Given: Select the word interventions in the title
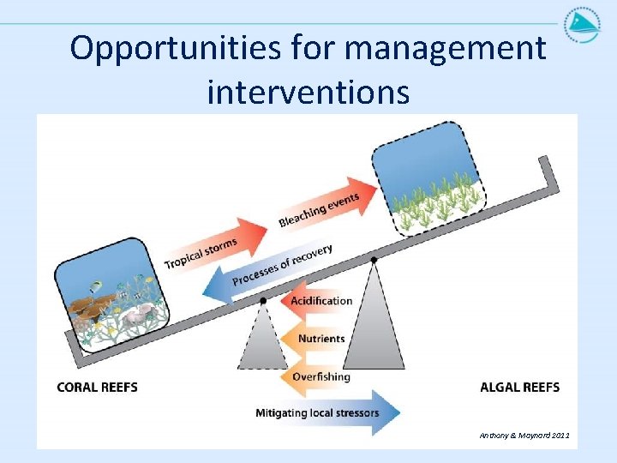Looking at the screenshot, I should pyautogui.click(x=308, y=90).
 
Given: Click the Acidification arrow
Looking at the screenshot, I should pyautogui.click(x=317, y=301).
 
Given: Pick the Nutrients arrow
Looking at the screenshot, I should pyautogui.click(x=317, y=340).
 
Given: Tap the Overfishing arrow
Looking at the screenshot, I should pyautogui.click(x=317, y=377).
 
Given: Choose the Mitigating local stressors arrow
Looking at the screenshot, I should pyautogui.click(x=326, y=413).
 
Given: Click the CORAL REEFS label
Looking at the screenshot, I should pyautogui.click(x=97, y=388).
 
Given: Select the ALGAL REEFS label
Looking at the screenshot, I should pyautogui.click(x=519, y=388).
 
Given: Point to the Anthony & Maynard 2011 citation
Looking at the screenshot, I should pyautogui.click(x=524, y=436).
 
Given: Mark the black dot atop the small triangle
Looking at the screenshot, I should pyautogui.click(x=263, y=301).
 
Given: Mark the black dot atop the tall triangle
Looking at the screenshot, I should pyautogui.click(x=374, y=259).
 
